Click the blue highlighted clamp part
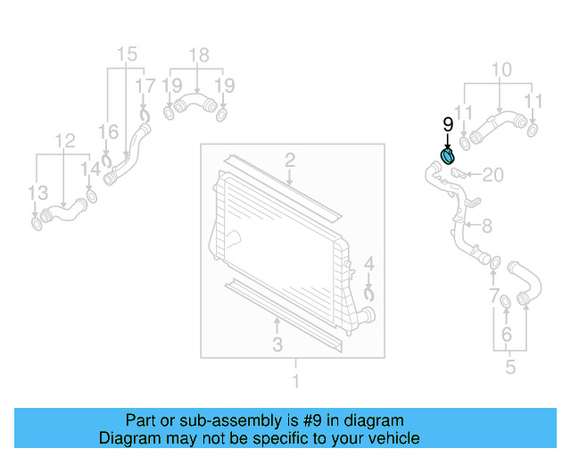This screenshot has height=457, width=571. click(x=449, y=158)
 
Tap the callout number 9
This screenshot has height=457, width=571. click(x=449, y=126)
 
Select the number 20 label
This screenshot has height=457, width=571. click(x=493, y=174)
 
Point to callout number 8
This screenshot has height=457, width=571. click(x=486, y=227)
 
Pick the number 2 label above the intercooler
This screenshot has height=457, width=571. click(x=290, y=161)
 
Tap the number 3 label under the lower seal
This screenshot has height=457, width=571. click(x=277, y=344)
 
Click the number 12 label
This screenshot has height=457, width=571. click(x=64, y=140)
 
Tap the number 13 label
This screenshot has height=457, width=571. click(x=37, y=194)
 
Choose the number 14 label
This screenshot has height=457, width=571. click(x=91, y=169)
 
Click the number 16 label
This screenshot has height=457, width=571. click(x=108, y=133)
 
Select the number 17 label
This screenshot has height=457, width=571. click(x=145, y=87)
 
